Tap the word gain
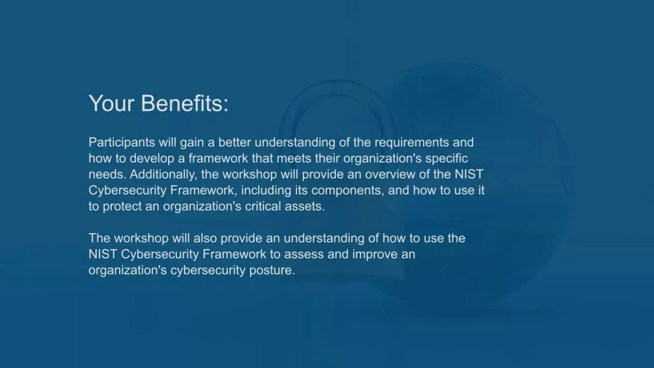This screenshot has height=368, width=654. point(192,142)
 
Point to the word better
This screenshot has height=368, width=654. point(234,142)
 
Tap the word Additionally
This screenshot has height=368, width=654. point(163,174)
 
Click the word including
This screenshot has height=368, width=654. point(266,190)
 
